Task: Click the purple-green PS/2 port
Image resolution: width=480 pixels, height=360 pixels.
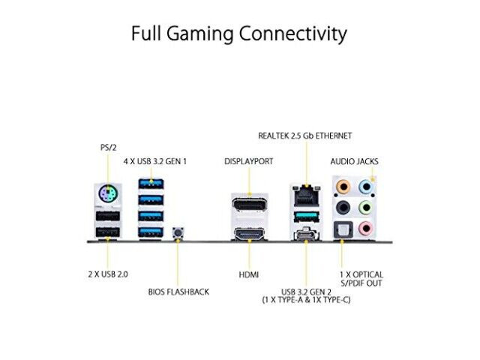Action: (108, 193)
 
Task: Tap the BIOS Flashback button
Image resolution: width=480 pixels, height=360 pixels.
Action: (178, 232)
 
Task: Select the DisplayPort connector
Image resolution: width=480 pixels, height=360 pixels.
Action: (249, 204)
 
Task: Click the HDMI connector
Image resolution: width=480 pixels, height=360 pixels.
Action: (249, 234)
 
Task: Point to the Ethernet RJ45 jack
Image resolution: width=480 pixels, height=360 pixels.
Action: (306, 196)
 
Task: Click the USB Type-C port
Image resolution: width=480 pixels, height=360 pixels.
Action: (306, 235)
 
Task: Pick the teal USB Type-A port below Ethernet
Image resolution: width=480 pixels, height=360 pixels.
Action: (306, 217)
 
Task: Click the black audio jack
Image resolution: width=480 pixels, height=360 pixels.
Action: (343, 208)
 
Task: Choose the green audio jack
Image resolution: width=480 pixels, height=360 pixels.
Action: (365, 208)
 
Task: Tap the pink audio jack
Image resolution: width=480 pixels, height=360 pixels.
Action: (365, 228)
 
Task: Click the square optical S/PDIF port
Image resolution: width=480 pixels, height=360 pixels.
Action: (343, 229)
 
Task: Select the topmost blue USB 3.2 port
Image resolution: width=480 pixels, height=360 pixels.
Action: (151, 184)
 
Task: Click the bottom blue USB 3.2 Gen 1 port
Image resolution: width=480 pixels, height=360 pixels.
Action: (151, 232)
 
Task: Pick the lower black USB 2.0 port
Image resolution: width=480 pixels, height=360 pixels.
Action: (108, 232)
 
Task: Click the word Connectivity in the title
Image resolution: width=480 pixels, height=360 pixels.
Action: (293, 33)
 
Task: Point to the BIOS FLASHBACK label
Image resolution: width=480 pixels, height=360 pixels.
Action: (178, 292)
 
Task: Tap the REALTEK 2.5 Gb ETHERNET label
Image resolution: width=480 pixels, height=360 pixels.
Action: (305, 136)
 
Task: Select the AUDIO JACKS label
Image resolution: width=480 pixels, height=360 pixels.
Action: (354, 161)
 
